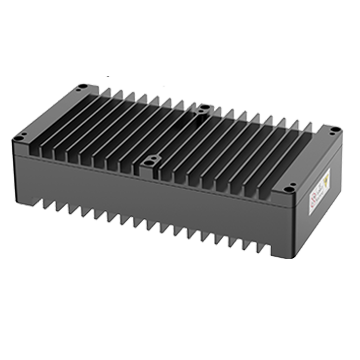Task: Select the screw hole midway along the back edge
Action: pyautogui.click(x=203, y=107)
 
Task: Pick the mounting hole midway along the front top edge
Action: pyautogui.click(x=152, y=157)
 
